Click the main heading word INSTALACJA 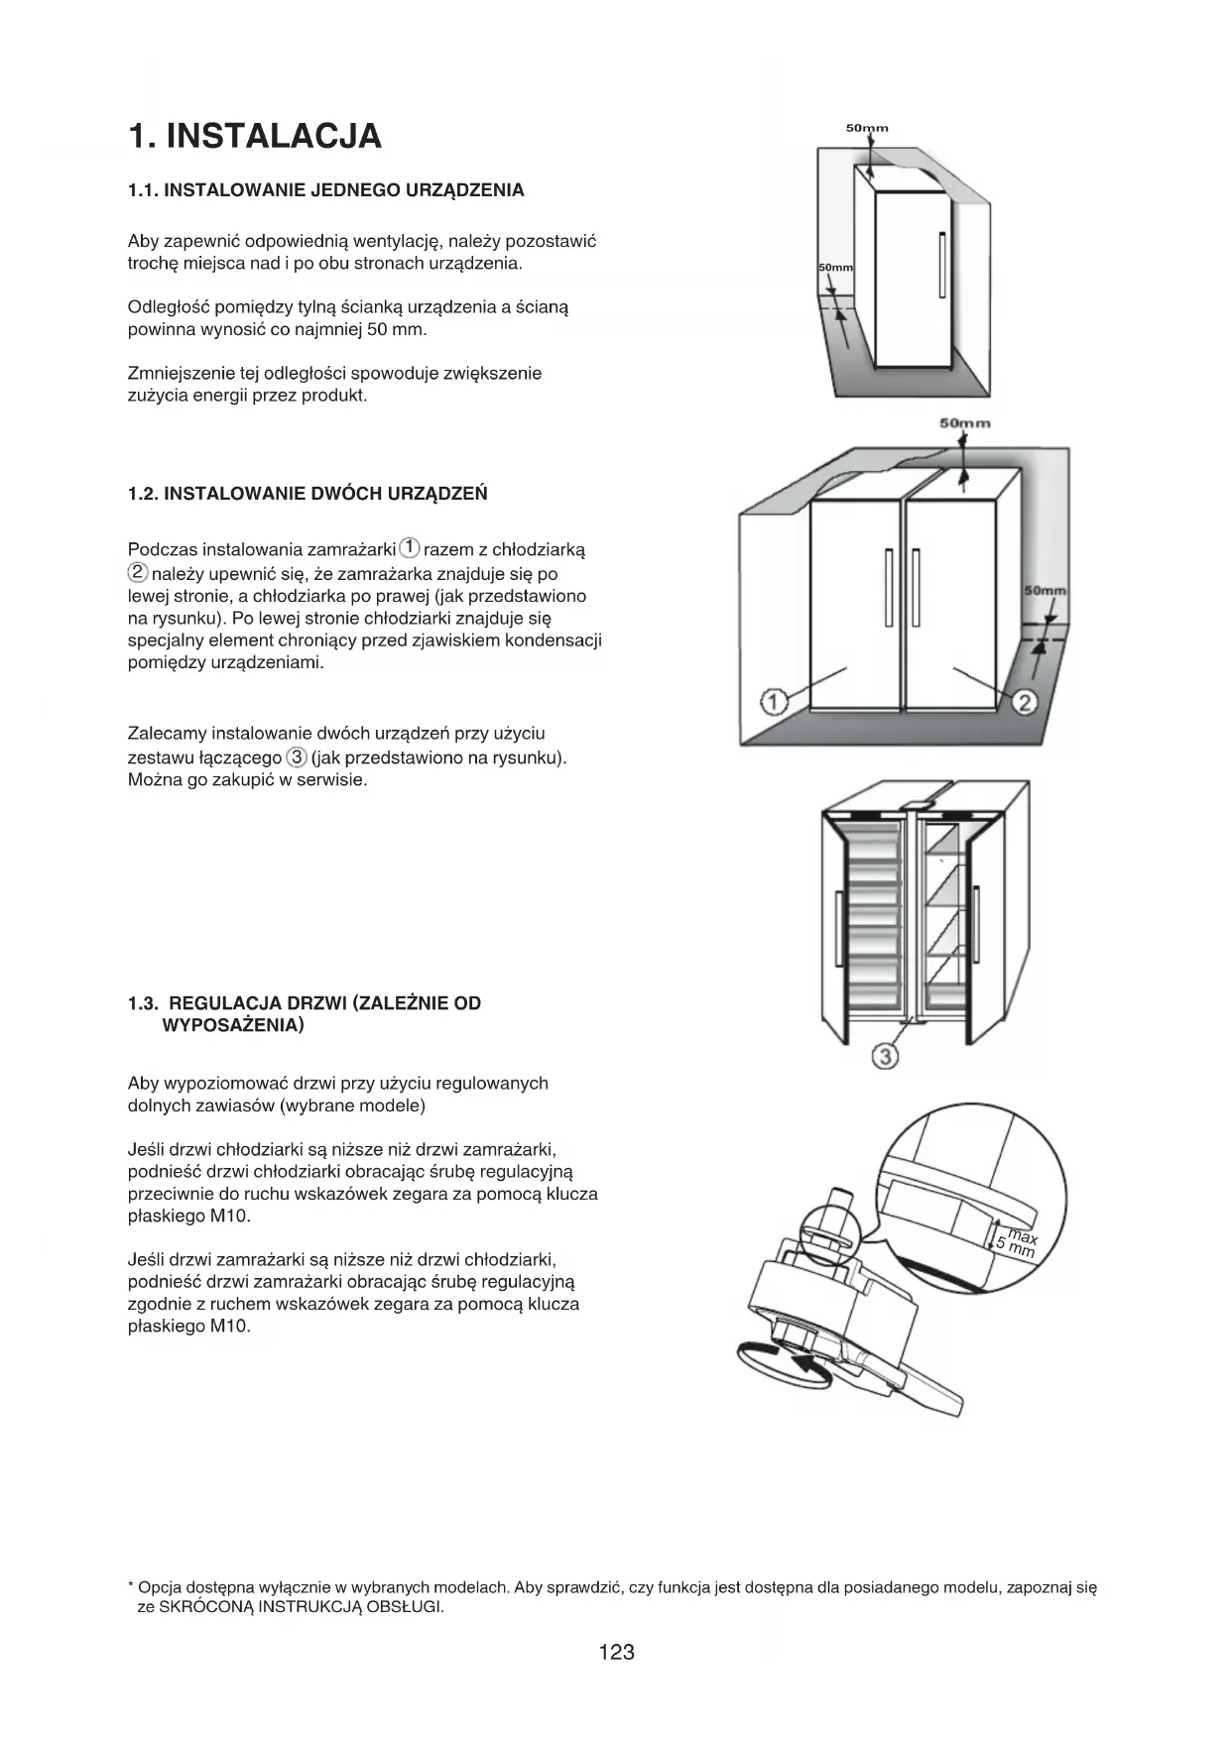[273, 137]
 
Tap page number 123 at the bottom [616, 1652]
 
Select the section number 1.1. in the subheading [143, 190]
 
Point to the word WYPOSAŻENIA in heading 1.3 [232, 1025]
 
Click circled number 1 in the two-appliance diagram [774, 702]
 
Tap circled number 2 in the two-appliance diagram [1025, 702]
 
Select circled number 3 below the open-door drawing [885, 1057]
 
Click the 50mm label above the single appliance [867, 128]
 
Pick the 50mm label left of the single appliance [835, 269]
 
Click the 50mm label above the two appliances [965, 423]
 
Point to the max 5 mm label [1017, 1243]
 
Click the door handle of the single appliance [941, 264]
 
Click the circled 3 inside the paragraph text [296, 757]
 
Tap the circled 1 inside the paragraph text [410, 548]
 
